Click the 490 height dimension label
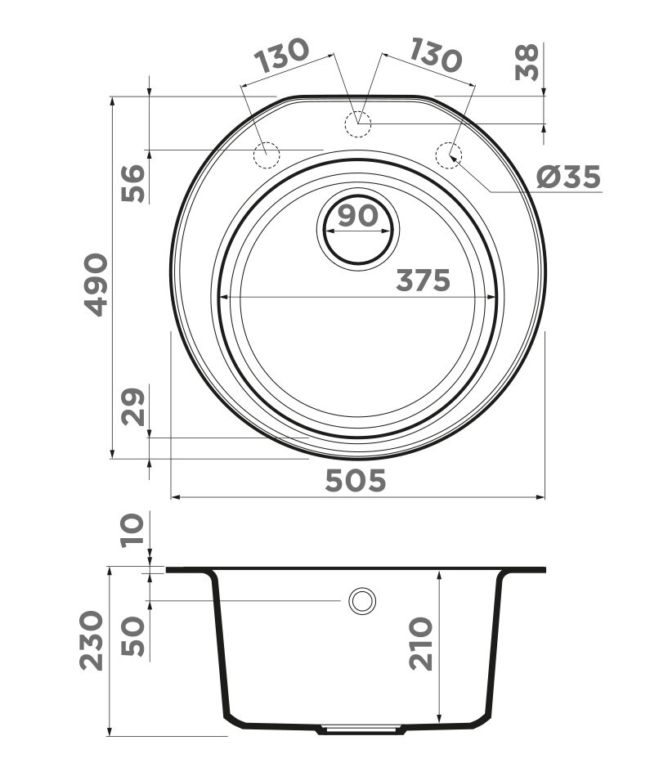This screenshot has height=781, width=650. click(96, 285)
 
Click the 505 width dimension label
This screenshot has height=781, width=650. click(356, 481)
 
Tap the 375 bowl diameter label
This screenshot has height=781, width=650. click(424, 281)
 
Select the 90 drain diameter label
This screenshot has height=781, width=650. click(357, 216)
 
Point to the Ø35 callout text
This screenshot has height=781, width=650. click(569, 177)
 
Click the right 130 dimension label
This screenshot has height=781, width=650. click(435, 54)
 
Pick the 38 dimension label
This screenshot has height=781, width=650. click(527, 62)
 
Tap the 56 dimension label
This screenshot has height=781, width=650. click(133, 183)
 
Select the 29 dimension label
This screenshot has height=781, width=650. click(133, 406)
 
